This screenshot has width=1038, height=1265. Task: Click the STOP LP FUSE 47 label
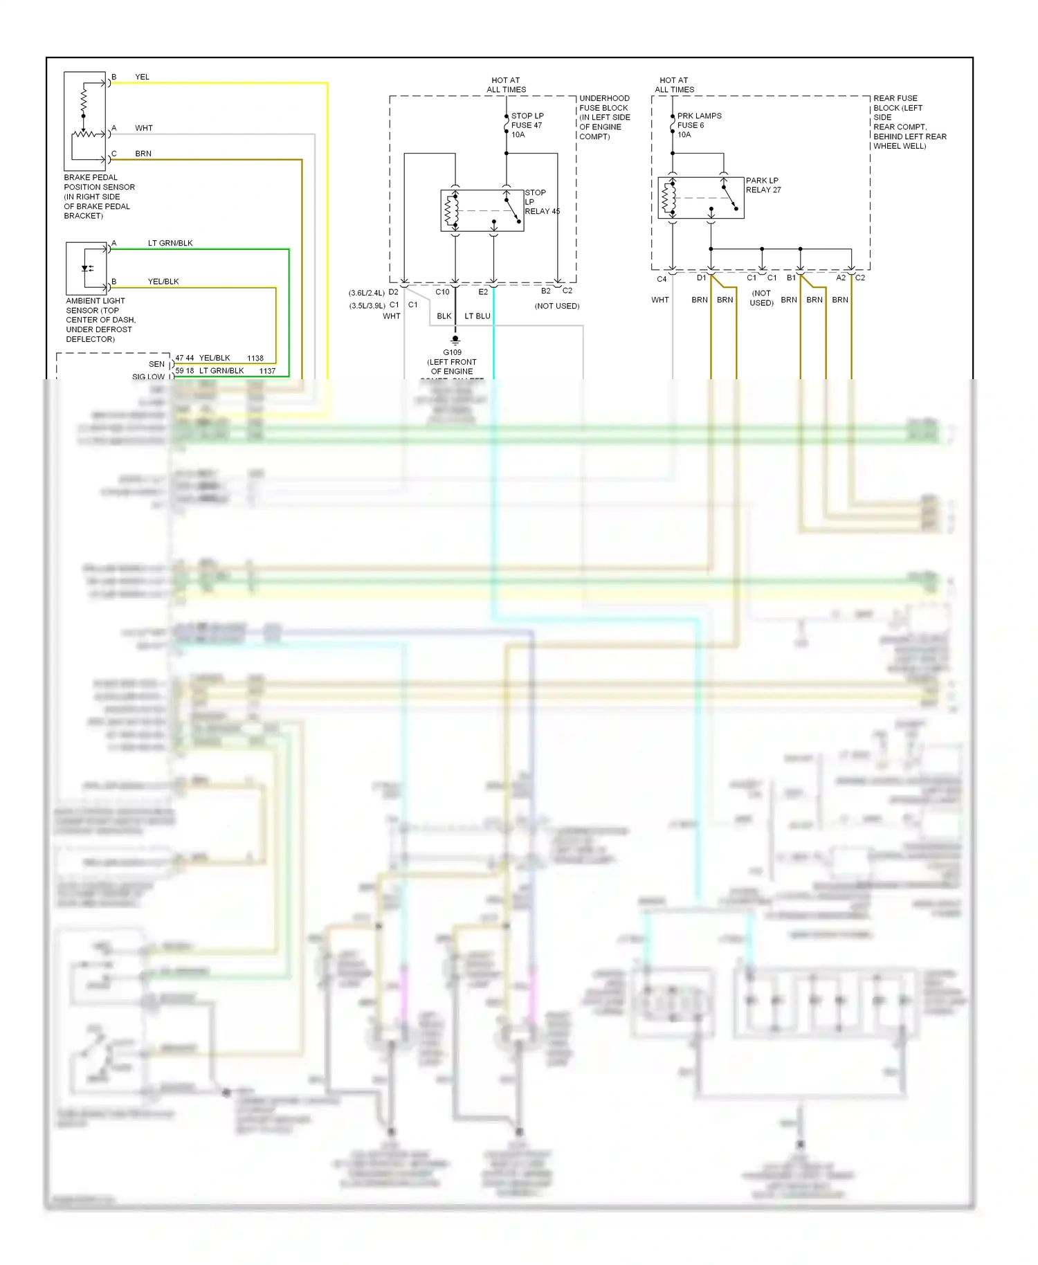527,125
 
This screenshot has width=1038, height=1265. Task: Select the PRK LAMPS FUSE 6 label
698,125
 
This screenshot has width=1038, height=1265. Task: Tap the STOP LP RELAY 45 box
482,210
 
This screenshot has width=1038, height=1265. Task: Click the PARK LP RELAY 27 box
700,198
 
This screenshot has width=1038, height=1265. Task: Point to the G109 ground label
452,352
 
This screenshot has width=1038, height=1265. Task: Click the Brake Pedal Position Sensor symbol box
84,121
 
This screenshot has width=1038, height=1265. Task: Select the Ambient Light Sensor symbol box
86,269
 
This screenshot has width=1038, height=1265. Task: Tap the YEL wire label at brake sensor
142,77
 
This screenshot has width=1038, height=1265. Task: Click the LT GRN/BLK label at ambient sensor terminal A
170,243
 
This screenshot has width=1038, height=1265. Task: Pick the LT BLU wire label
477,316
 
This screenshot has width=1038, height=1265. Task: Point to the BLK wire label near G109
444,316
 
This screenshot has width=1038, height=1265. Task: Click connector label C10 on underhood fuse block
442,292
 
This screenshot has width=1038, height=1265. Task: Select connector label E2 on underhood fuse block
483,292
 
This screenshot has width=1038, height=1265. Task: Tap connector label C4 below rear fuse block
662,279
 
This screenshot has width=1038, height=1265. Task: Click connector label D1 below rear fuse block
701,278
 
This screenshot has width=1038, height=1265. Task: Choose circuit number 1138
255,358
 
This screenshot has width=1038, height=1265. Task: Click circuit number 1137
267,371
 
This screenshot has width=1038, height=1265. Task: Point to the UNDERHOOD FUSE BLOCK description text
604,118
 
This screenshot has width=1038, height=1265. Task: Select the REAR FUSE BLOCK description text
909,122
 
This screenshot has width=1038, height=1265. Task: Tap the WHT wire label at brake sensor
144,128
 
